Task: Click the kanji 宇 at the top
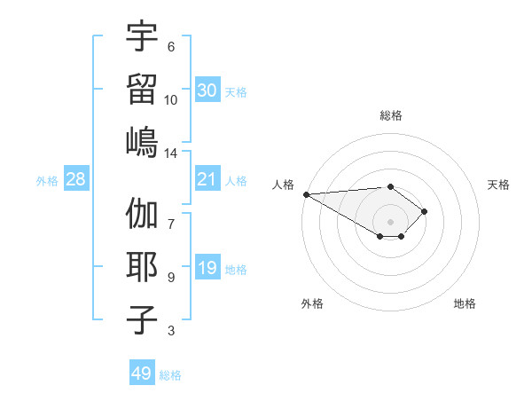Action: coord(142,37)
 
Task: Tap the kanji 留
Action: coord(142,89)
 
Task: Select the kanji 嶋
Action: coord(142,141)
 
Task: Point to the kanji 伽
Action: coord(142,216)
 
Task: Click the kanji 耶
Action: coord(142,267)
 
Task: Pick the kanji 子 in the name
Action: coord(142,319)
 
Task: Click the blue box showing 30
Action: coord(207,90)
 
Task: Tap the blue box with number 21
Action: coord(207,179)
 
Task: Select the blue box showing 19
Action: coord(207,268)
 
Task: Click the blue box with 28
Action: coord(76,179)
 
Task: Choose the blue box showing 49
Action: coord(142,374)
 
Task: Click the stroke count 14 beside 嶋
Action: coord(171,153)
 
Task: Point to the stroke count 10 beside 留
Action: coord(171,99)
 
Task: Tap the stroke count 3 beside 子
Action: coord(171,331)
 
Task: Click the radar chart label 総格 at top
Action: coord(390,115)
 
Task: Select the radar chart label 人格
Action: coord(283,185)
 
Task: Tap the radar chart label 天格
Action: coord(499,185)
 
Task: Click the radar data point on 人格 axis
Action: coord(305,194)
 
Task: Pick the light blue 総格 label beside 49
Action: coord(170,375)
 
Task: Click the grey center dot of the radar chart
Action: coord(390,221)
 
